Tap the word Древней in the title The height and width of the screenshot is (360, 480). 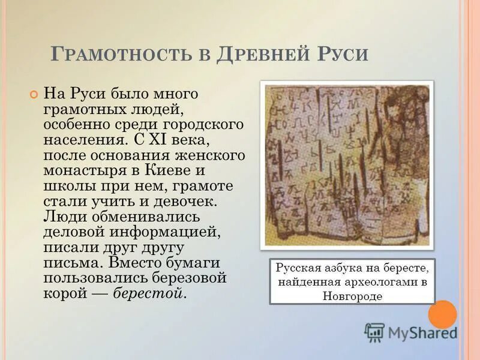pos(261,55)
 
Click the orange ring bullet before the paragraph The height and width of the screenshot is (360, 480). pos(34,94)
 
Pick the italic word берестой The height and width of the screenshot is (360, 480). pos(150,294)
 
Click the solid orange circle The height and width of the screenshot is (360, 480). pos(443,314)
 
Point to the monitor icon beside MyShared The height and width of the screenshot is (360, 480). pos(374,332)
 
